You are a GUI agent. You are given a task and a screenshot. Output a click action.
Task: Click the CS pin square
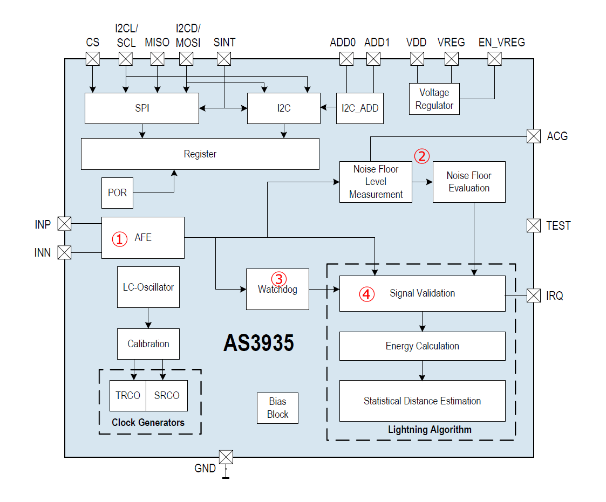pos(93,59)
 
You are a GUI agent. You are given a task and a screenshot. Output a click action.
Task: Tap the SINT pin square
pos(224,59)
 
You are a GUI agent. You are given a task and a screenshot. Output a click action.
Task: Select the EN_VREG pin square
pos(495,59)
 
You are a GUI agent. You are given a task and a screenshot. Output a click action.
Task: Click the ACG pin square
pos(534,136)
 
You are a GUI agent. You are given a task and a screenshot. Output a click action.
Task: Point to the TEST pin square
pos(534,225)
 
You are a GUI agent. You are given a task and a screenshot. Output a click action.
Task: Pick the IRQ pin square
pos(534,296)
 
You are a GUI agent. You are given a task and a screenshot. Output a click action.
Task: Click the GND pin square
pos(226,457)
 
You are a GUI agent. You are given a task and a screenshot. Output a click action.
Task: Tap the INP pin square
pos(65,224)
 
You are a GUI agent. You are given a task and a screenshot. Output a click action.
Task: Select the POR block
pos(118,193)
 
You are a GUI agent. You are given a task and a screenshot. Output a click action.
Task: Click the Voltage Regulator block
pos(434,99)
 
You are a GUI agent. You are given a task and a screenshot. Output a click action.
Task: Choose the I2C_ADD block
pos(360,108)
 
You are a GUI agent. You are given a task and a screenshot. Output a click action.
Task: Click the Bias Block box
pos(277,408)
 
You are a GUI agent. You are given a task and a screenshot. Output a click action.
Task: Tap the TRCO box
pos(128,396)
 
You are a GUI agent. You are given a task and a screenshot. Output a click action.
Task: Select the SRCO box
pos(167,396)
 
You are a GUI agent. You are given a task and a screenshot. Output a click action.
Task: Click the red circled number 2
pos(422,156)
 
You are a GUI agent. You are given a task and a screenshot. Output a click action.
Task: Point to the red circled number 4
pos(367,294)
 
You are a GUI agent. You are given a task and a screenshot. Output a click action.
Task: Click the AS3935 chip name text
pos(259,343)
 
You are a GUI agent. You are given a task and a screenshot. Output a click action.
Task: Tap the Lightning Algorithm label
pos(430,430)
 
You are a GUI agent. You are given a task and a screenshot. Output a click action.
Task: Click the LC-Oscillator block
pos(148,287)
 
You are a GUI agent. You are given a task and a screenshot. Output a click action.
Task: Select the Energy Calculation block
pos(423,346)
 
